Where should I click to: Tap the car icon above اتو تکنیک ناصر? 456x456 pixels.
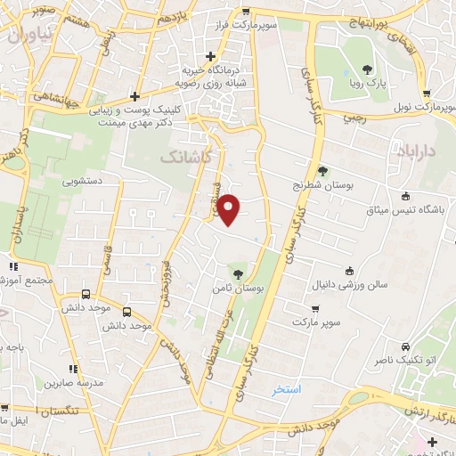coord(406,346)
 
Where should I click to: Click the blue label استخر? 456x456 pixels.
coord(288,390)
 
